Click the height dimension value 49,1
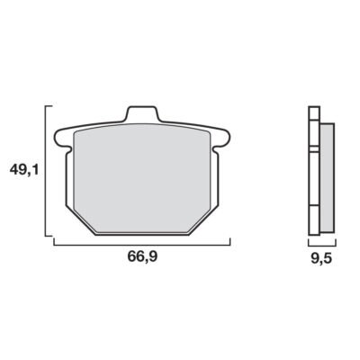[24, 170]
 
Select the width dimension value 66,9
[142, 256]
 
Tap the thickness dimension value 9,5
[321, 257]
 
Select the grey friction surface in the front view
[141, 178]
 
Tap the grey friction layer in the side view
[328, 178]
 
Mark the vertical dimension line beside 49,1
[46, 171]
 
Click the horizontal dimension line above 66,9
[142, 245]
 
